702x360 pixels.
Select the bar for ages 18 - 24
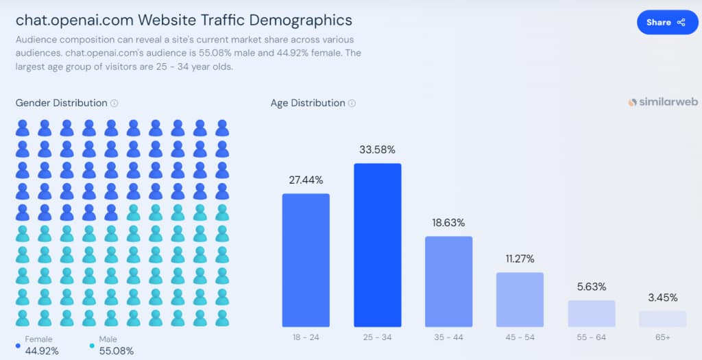[306, 260]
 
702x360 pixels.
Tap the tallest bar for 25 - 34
[377, 245]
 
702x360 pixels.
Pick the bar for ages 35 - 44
[448, 281]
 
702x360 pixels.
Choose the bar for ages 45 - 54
[520, 300]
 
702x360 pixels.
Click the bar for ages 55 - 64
[591, 313]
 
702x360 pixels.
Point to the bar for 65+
[662, 319]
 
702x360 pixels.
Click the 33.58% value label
[377, 149]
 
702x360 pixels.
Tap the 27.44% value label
[306, 180]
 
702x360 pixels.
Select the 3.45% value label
[662, 298]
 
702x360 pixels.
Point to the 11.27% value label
[520, 259]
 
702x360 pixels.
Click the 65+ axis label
[662, 337]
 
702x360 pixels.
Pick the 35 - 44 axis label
[448, 337]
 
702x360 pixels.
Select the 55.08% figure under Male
[116, 351]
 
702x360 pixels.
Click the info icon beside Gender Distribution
[114, 104]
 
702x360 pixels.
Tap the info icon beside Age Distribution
[352, 104]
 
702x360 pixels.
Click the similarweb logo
[663, 101]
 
